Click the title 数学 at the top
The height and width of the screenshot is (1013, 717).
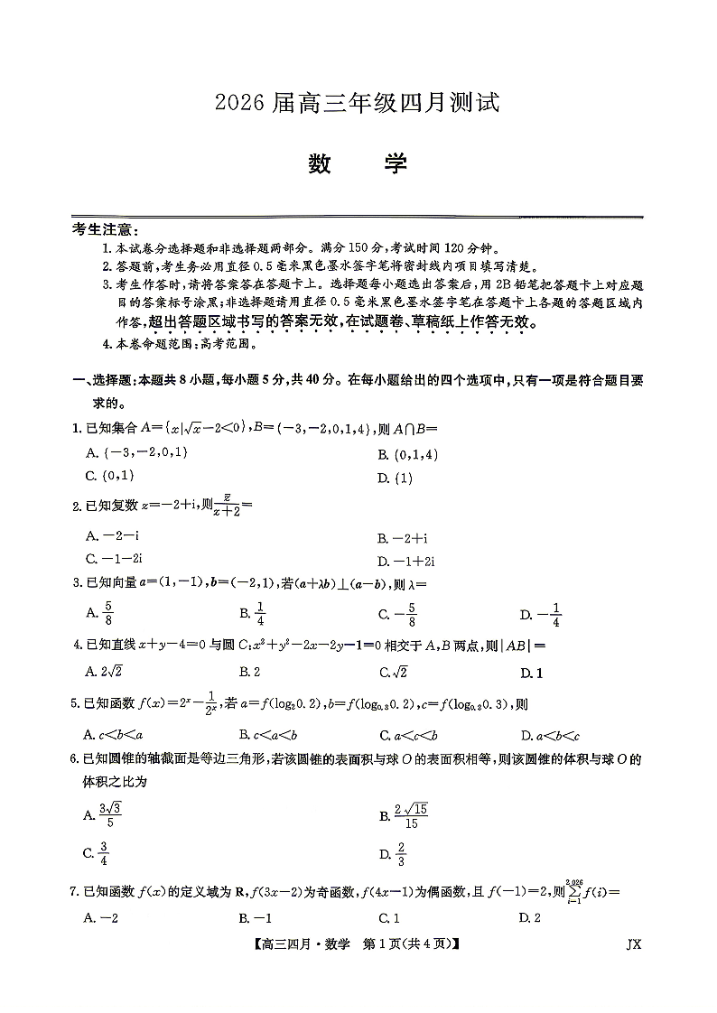[358, 164]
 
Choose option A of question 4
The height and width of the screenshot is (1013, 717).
[97, 672]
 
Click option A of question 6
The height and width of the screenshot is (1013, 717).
[102, 815]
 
